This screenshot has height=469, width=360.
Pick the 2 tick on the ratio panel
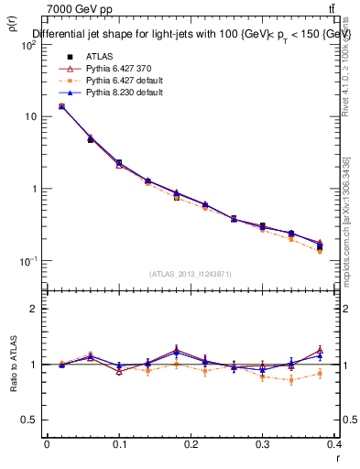(35, 309)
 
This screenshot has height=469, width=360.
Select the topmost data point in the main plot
(61, 106)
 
